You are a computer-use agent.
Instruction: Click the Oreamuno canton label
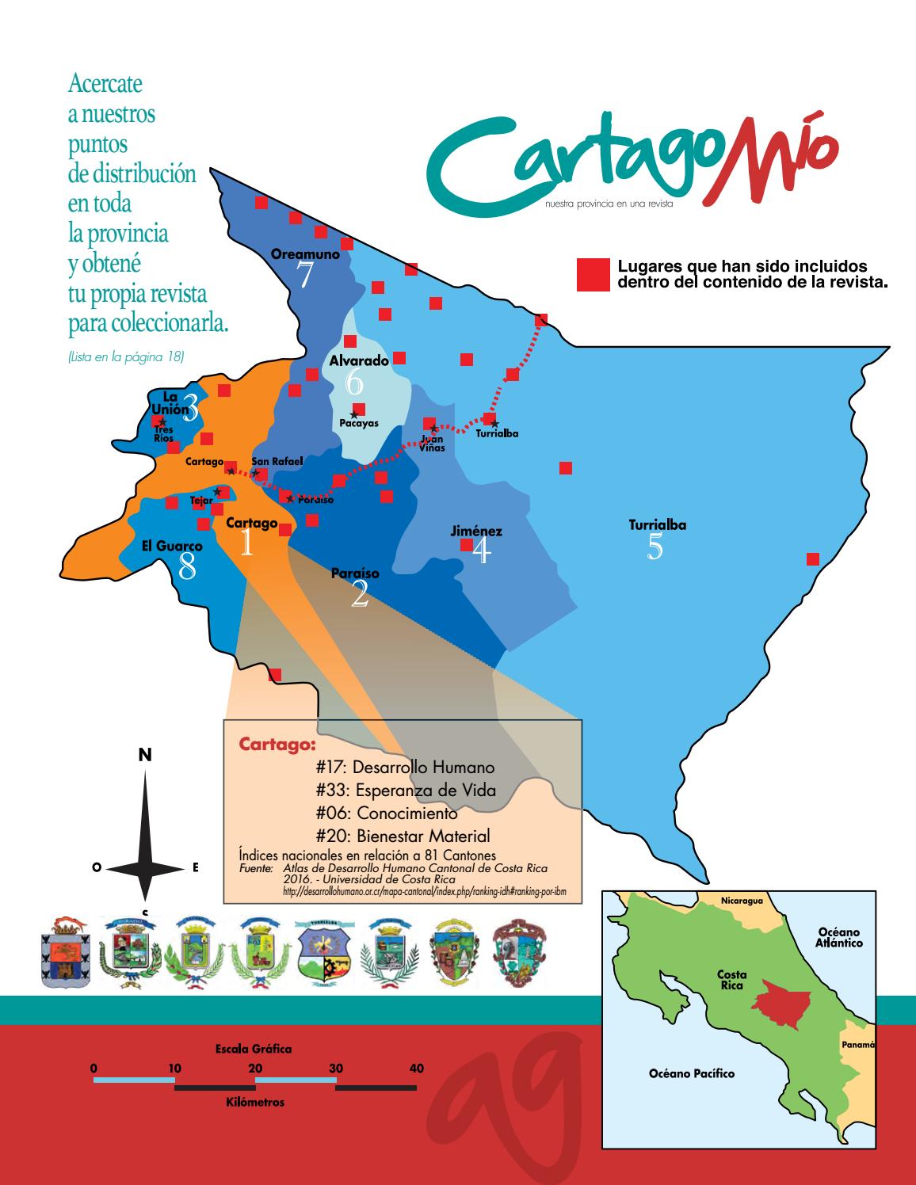click(305, 255)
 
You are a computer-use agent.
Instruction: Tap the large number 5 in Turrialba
click(655, 548)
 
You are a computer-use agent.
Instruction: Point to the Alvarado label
click(359, 360)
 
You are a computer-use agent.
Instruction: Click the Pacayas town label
click(358, 423)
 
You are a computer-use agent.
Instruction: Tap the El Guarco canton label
click(172, 546)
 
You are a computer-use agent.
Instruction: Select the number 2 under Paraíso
click(360, 596)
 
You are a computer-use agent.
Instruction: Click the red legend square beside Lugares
click(593, 274)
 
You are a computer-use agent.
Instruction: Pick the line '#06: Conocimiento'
click(386, 813)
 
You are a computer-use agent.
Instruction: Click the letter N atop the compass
click(145, 756)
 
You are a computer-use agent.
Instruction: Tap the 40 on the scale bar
click(416, 1069)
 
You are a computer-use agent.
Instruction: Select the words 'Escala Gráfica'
click(254, 1049)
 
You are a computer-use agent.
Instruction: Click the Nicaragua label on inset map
click(742, 901)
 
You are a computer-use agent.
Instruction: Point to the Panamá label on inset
click(857, 1045)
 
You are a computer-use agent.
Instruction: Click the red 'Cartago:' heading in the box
click(277, 745)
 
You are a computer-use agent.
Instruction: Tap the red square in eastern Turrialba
click(812, 559)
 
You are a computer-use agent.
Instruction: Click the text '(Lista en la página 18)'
click(127, 357)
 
